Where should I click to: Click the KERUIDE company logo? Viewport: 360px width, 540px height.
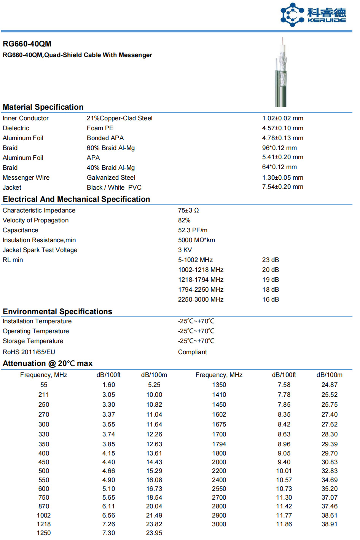click(313, 14)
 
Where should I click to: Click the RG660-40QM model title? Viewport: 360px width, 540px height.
click(27, 44)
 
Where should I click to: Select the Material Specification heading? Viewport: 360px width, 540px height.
click(43, 107)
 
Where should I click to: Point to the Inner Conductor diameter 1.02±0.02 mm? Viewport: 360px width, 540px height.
click(282, 118)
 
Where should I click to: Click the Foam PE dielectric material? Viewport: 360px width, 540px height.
click(100, 128)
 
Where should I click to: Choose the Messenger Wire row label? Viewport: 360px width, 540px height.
click(26, 177)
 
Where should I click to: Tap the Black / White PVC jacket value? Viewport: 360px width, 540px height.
click(114, 187)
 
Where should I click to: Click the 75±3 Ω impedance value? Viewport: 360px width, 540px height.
click(188, 210)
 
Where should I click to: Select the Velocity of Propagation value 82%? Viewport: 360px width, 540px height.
click(184, 220)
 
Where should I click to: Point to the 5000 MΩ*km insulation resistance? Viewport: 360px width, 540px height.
click(196, 240)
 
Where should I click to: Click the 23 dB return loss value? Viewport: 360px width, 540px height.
click(270, 260)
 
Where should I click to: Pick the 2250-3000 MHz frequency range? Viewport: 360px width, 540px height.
click(201, 299)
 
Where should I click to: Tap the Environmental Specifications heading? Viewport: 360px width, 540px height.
click(57, 312)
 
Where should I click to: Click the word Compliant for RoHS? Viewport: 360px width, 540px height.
click(192, 352)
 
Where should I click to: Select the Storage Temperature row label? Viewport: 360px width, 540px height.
click(33, 341)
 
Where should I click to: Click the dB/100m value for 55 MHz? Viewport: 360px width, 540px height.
click(154, 385)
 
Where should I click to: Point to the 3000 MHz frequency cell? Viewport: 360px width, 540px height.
click(219, 524)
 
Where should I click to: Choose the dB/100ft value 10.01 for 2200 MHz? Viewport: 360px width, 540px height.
click(284, 471)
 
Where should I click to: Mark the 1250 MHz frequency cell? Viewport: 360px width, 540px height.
click(44, 533)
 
